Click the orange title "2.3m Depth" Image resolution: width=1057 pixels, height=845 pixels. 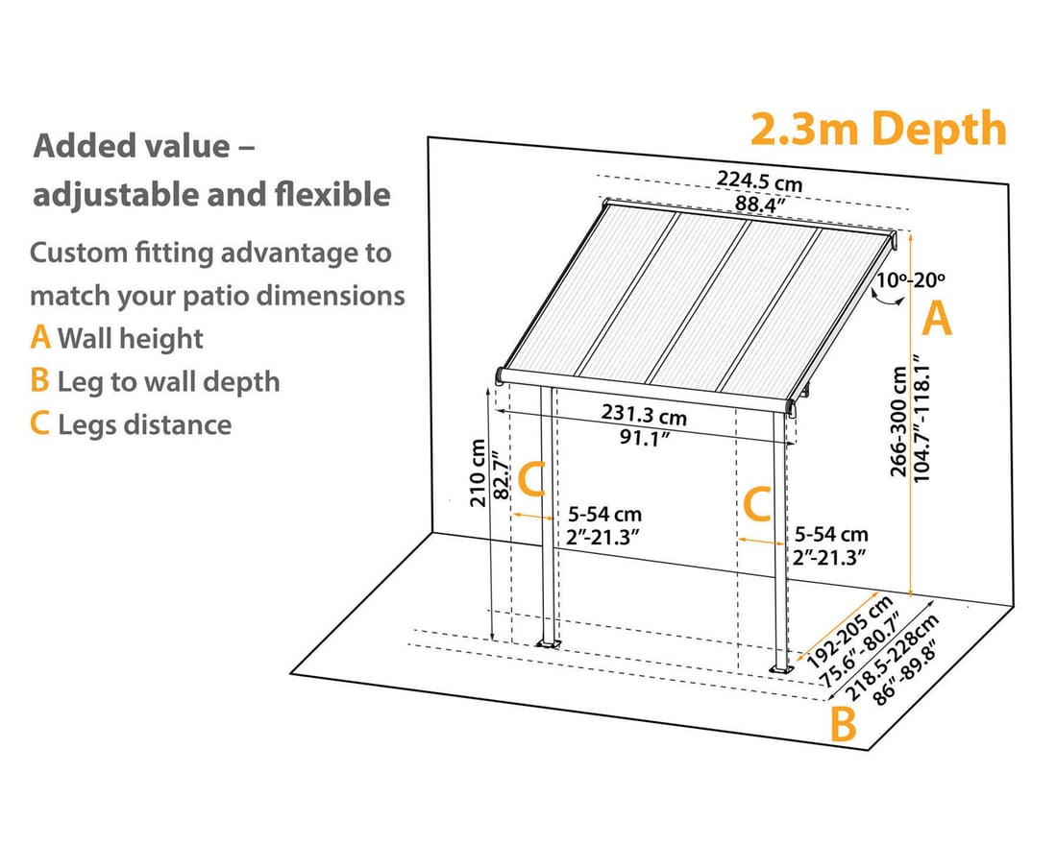point(877,130)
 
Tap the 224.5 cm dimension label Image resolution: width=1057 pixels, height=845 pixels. point(759,181)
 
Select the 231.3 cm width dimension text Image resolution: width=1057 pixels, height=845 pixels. point(644,414)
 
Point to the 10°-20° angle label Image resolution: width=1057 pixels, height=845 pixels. point(911,279)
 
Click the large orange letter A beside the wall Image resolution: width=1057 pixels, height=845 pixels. point(936,319)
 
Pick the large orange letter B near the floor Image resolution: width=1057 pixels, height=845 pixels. point(843,724)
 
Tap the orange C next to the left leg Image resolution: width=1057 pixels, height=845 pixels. point(531,479)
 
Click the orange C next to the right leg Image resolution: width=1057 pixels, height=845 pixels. point(757,504)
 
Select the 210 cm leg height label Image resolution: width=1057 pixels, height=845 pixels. point(478,472)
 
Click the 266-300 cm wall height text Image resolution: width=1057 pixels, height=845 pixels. point(897,422)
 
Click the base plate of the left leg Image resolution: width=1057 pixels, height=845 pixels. point(548,645)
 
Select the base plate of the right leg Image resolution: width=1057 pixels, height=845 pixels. point(781,669)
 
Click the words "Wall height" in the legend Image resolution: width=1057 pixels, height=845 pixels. point(130,338)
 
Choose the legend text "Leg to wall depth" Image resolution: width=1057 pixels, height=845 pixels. point(168,381)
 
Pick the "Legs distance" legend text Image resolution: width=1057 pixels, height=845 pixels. point(144,424)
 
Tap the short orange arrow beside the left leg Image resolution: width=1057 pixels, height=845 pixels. point(533,517)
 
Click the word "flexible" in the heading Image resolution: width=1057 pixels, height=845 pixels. point(332,194)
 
